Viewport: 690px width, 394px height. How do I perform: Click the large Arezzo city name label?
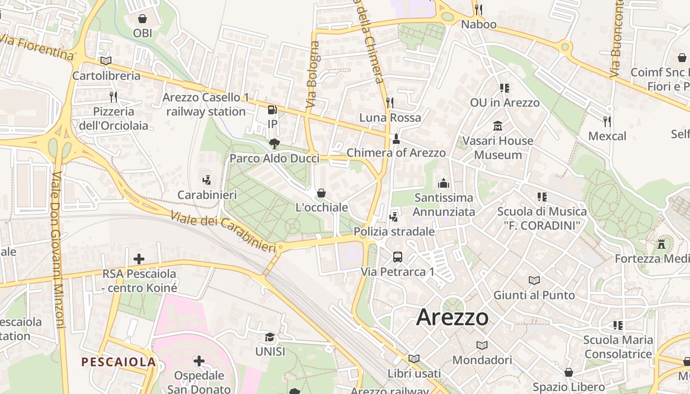[x=452, y=317]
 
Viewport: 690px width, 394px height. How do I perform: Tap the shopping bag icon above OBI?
[x=142, y=19]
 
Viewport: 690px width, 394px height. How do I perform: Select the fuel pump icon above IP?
[x=272, y=110]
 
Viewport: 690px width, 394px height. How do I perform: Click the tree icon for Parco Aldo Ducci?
[x=275, y=144]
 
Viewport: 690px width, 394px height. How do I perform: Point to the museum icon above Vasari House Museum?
[x=498, y=126]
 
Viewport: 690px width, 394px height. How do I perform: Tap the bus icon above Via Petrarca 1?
[x=397, y=257]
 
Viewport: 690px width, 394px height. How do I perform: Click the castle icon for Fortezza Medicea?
[x=661, y=244]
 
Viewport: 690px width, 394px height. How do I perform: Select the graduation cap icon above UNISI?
[x=270, y=337]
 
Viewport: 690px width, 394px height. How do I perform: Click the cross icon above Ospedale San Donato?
[x=199, y=361]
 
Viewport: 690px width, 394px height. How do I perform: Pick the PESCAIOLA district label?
[x=118, y=362]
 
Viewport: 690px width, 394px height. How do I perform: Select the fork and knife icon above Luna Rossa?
[x=390, y=102]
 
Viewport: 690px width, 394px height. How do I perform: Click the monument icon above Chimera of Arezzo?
[x=396, y=139]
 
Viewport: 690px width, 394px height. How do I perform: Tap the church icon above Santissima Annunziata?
[x=444, y=183]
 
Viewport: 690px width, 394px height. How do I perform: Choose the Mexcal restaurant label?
[x=607, y=136]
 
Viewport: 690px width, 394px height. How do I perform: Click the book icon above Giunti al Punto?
[x=534, y=280]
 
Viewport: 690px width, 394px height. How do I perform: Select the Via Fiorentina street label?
[x=36, y=48]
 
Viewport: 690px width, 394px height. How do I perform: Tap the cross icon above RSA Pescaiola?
[x=139, y=259]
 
